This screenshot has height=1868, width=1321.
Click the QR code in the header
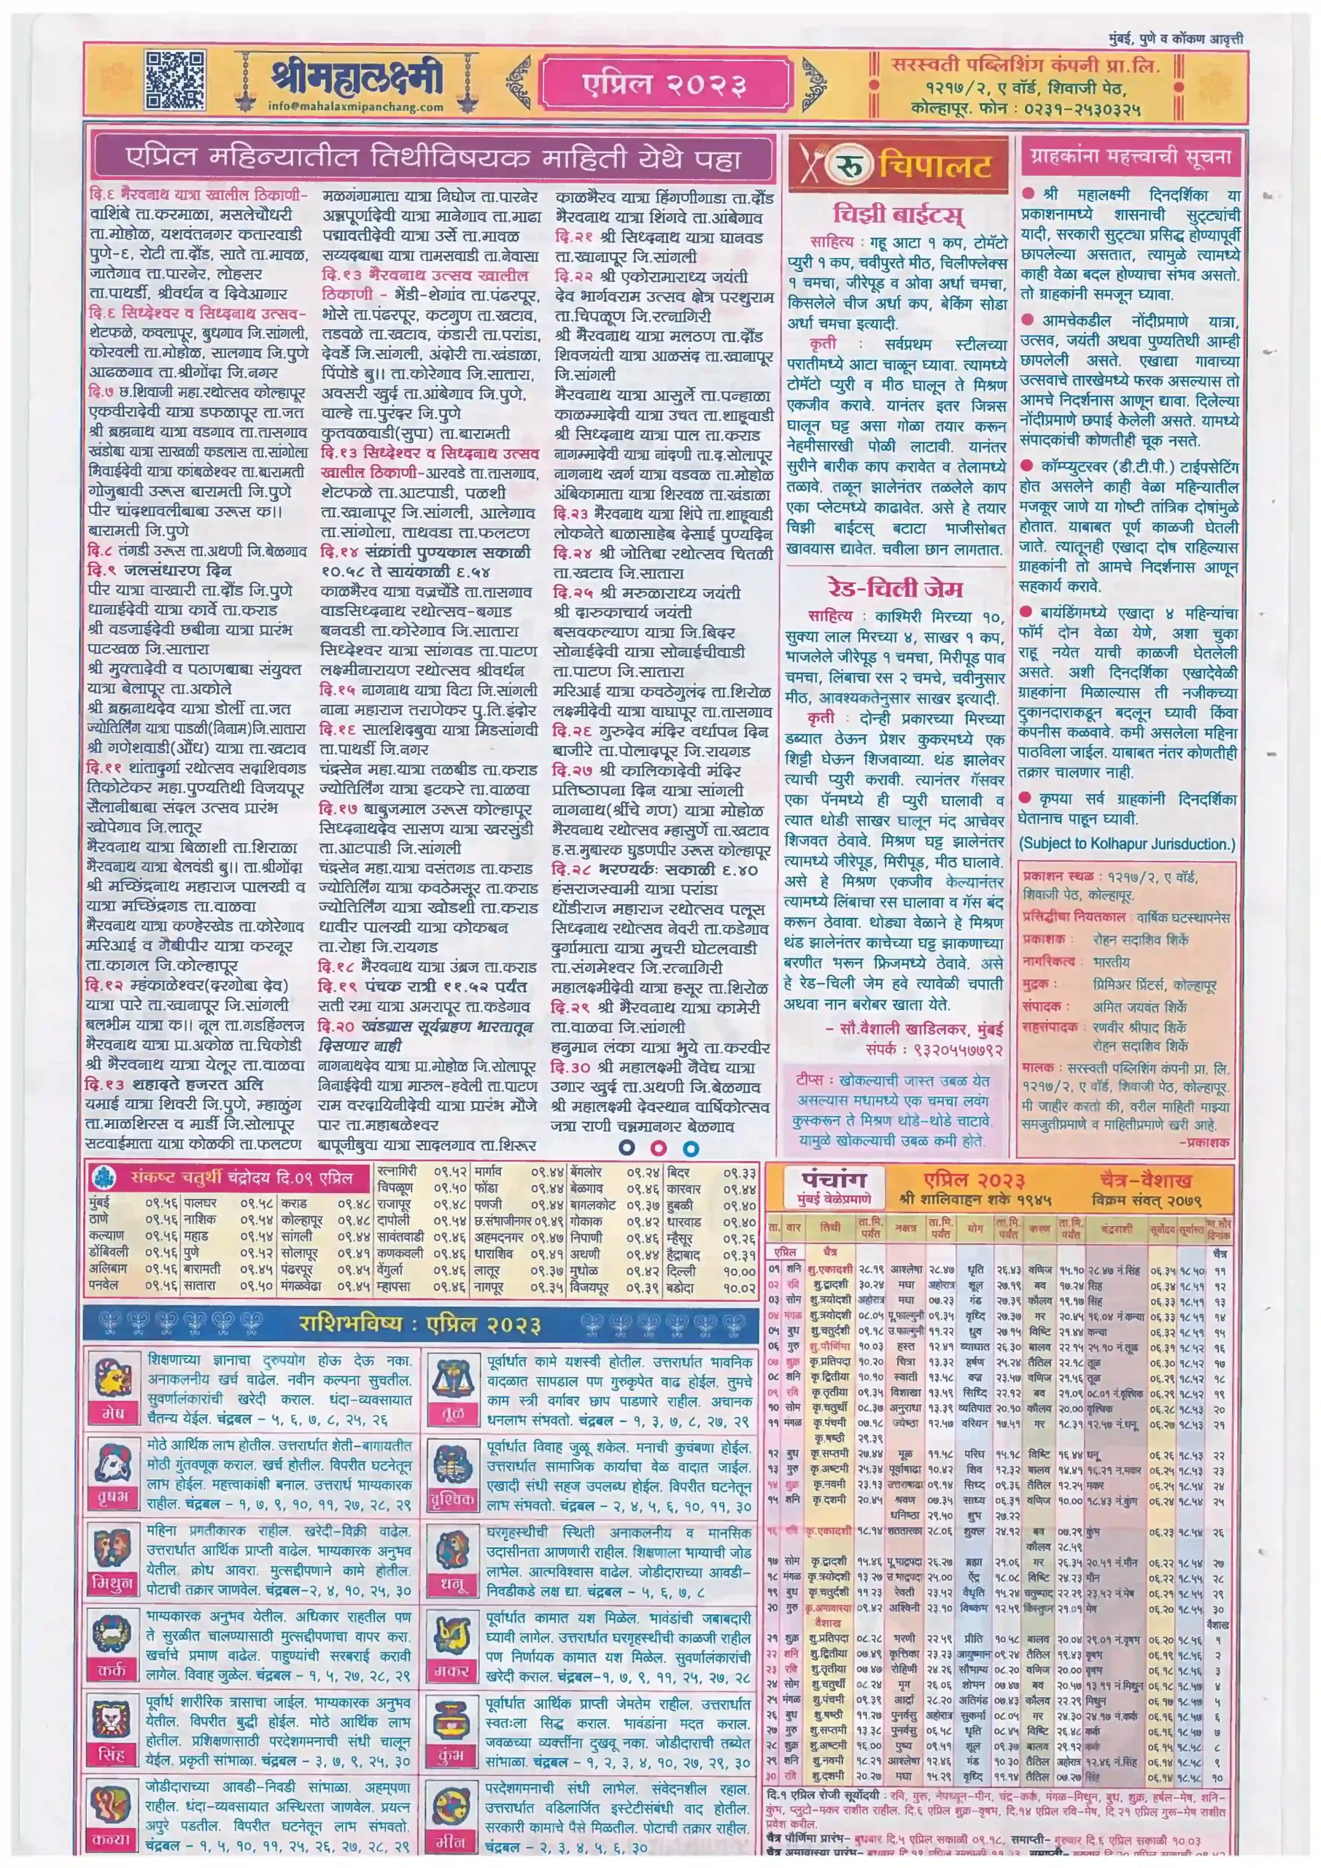(x=174, y=80)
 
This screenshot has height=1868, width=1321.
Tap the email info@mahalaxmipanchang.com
(x=355, y=107)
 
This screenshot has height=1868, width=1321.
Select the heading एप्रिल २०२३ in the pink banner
(x=664, y=83)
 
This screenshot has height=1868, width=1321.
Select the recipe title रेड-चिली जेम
(x=895, y=588)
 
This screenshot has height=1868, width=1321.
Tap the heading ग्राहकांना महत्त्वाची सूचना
(x=1130, y=156)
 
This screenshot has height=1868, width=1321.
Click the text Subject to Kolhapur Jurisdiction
(x=1128, y=844)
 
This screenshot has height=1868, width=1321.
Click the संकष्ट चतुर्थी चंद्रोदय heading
(x=242, y=1177)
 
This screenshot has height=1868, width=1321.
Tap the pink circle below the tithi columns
(x=658, y=1148)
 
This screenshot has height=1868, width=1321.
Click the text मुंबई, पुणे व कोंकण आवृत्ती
(x=1177, y=38)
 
